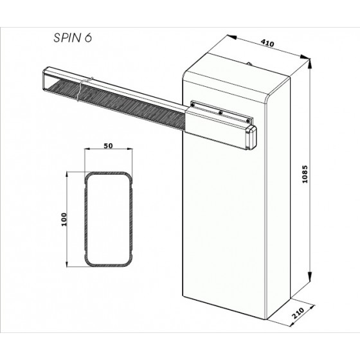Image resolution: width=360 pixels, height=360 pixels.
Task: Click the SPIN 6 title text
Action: click(73, 38)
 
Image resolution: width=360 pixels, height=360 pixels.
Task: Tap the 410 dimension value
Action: click(267, 43)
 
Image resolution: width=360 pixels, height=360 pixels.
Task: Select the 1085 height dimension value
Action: click(305, 174)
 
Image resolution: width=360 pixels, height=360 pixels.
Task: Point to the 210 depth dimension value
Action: click(298, 313)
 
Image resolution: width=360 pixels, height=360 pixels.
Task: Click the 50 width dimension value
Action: click(108, 145)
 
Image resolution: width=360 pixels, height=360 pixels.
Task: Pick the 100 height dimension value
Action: click(64, 219)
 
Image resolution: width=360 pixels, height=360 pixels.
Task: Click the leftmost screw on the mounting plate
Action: click(192, 105)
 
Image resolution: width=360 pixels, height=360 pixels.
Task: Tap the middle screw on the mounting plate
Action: click(220, 113)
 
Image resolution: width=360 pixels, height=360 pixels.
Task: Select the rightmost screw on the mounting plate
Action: click(248, 121)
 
